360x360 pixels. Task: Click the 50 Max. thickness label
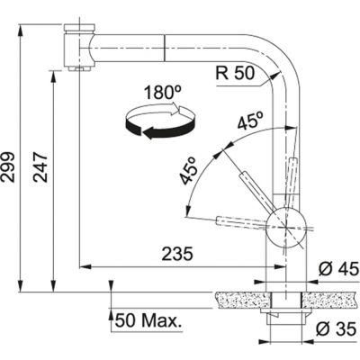145,319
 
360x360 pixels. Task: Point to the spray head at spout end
78,45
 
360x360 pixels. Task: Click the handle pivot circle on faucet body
286,224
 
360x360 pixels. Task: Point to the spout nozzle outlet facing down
78,68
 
